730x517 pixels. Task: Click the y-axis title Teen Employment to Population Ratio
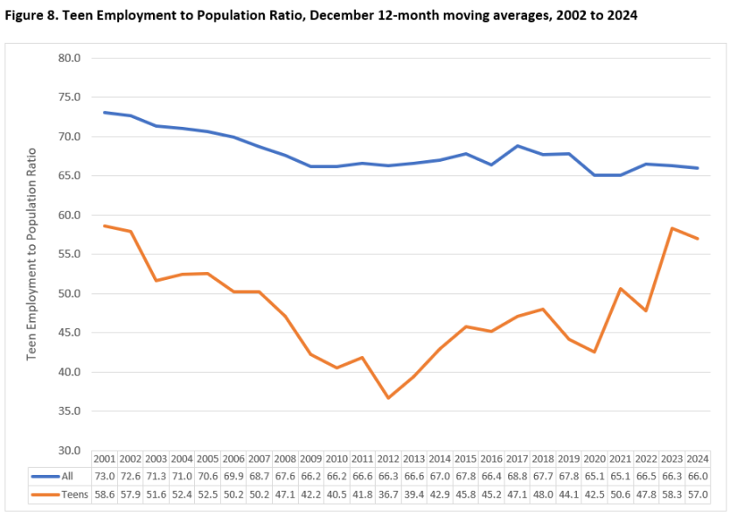coord(32,255)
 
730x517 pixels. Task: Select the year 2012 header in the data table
coord(388,459)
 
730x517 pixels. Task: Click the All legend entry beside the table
coord(61,476)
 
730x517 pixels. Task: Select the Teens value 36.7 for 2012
coord(388,494)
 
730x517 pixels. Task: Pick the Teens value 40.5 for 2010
coord(337,494)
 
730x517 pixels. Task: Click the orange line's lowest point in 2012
coord(388,398)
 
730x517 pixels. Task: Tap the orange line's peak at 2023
coord(671,228)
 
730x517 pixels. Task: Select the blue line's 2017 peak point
coord(517,146)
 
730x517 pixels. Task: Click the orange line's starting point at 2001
coord(104,226)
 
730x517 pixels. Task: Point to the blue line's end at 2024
coord(697,168)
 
